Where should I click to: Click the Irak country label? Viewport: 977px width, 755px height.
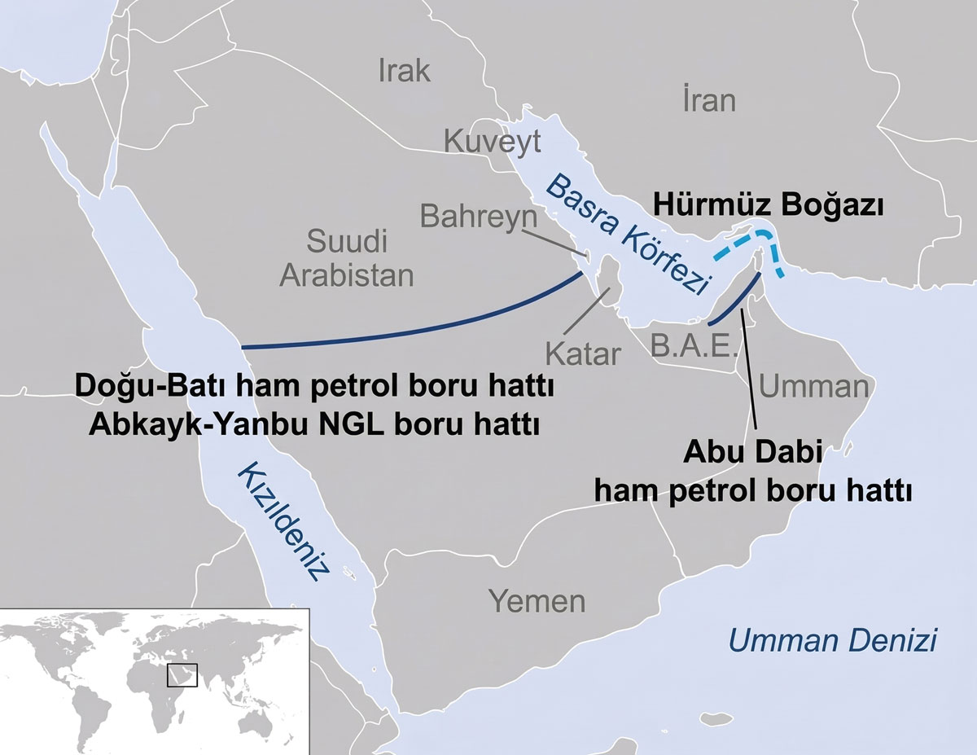[404, 71]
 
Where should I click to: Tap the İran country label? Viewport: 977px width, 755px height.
[708, 100]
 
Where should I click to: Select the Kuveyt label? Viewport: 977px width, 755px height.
[492, 143]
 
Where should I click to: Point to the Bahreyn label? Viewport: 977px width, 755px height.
[479, 217]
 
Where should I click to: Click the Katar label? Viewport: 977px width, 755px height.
[583, 355]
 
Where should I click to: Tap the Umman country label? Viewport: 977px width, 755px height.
[813, 386]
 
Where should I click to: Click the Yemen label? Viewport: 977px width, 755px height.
[537, 602]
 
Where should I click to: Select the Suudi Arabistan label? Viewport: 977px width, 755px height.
[347, 258]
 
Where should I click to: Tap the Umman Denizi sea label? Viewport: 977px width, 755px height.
[832, 640]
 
